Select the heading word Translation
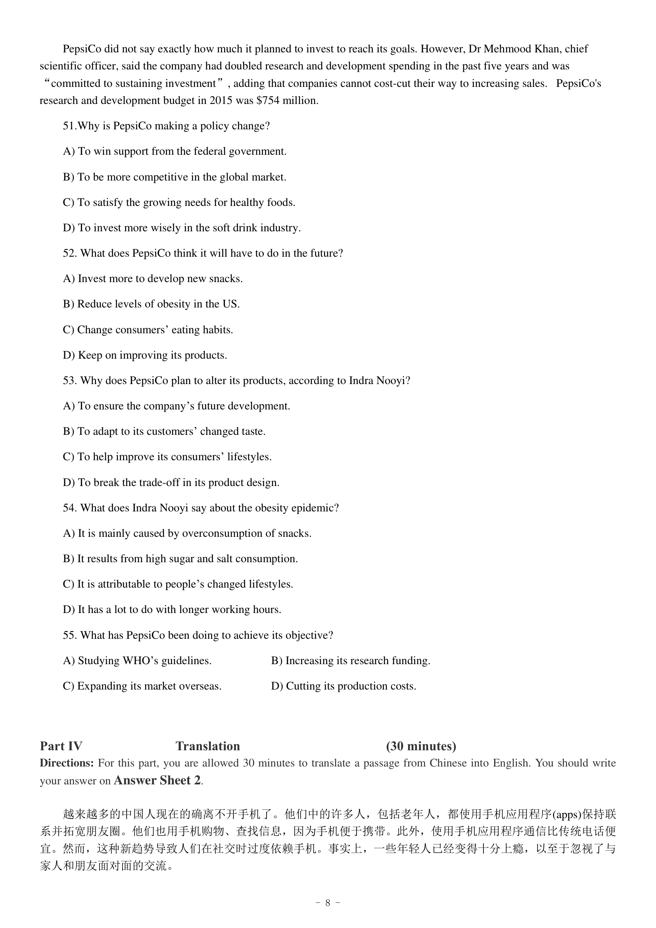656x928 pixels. pos(207,746)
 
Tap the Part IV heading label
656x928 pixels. pos(61,746)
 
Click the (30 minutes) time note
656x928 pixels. pos(421,746)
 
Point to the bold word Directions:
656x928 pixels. pos(67,763)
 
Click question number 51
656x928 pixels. pos(69,126)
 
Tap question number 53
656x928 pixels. pos(70,381)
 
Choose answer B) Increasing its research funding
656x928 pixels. pos(350,661)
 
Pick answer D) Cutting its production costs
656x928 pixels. pos(343,686)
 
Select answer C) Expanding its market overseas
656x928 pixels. pos(142,686)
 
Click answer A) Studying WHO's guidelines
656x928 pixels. pos(137,661)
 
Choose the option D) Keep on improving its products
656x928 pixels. pos(145,355)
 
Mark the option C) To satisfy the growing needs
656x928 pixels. pos(179,202)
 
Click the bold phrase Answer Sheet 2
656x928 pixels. pos(157,780)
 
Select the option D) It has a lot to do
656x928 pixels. pos(172,610)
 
